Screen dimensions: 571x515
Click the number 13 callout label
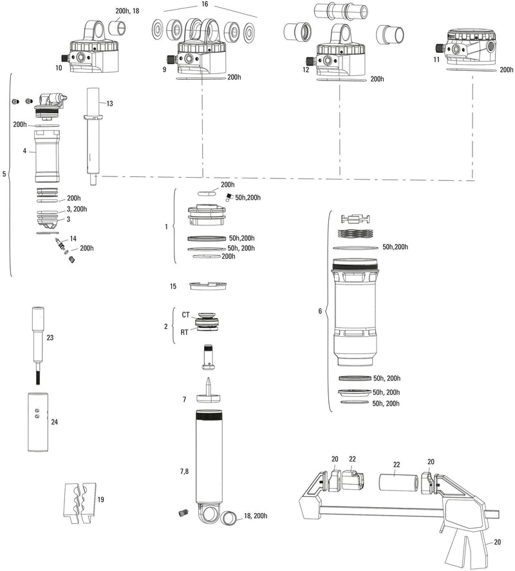pos(109,103)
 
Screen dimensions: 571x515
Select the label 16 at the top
pos(205,4)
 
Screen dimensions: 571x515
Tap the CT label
pos(185,315)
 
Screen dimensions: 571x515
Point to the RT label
pos(185,332)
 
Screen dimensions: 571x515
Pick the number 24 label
pos(54,422)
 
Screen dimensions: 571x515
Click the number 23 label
pos(50,337)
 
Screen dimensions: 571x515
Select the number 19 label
pos(100,499)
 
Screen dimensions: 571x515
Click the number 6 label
pos(320,312)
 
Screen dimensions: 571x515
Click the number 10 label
pos(59,67)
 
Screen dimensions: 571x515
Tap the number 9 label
pos(164,68)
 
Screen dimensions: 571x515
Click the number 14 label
pos(73,239)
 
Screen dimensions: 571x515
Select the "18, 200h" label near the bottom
pos(256,516)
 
